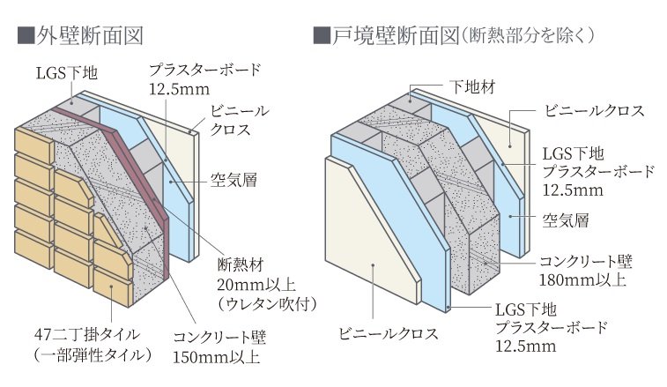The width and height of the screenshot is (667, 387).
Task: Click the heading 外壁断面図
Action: pos(89,36)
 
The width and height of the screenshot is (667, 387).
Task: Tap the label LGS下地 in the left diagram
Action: pos(67,73)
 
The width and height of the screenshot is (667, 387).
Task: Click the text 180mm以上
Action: pos(582,279)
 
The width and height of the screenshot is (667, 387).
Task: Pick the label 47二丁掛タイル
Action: pos(87,334)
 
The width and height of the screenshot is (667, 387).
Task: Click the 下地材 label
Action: pos(472,87)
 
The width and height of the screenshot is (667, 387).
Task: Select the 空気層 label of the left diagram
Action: pos(234,180)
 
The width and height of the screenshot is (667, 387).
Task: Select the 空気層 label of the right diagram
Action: pos(566,220)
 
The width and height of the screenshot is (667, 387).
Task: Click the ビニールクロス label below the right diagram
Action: pos(388,333)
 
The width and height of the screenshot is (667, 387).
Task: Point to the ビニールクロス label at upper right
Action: pos(595,111)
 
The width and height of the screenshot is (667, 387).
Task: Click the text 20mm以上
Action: pos(256,284)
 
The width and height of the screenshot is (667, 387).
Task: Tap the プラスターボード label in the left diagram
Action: pos(204,70)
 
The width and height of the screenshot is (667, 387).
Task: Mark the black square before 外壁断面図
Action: pos(25,36)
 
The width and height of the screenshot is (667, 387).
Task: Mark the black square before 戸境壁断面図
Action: pos(321,36)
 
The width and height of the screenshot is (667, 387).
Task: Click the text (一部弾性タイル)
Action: pos(93,354)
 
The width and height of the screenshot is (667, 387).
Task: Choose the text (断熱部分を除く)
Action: pos(527,36)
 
